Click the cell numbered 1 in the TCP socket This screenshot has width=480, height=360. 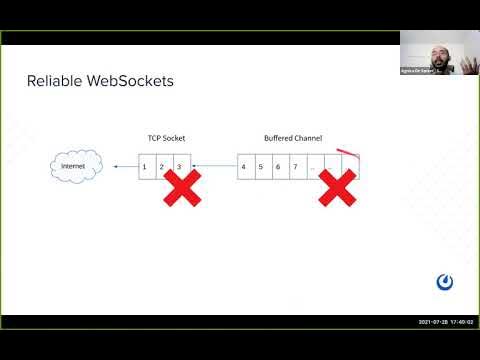(x=145, y=165)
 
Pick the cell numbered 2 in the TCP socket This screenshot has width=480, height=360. (x=162, y=165)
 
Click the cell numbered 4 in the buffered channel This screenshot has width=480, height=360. (x=245, y=165)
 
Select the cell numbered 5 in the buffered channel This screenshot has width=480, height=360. (x=262, y=165)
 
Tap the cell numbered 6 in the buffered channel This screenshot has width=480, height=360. (x=279, y=165)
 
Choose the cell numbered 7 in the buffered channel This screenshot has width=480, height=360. (x=296, y=165)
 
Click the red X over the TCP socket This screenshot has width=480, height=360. (x=181, y=187)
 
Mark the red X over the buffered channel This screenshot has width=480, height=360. (x=337, y=187)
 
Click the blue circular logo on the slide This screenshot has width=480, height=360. (x=445, y=281)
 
